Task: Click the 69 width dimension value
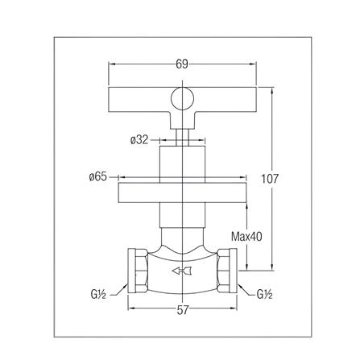coord(182,64)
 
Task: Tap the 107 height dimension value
coord(271,178)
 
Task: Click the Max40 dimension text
coord(246,237)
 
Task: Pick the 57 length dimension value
coord(183,310)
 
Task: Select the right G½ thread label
coord(267,295)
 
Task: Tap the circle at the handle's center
coord(183,100)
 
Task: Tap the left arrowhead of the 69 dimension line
coord(112,64)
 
